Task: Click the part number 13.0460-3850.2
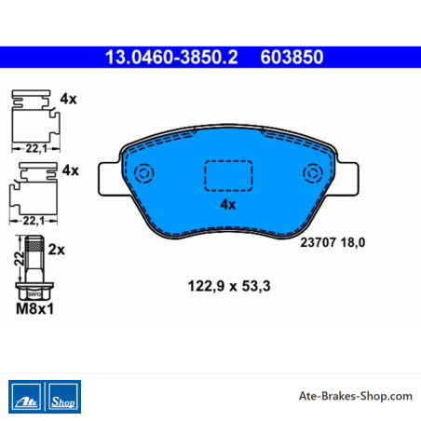(171, 57)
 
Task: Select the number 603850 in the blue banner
(292, 57)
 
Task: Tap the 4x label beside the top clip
(68, 99)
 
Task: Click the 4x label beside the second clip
(71, 170)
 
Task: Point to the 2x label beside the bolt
(57, 250)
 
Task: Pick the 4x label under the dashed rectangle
(228, 204)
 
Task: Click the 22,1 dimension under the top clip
(36, 149)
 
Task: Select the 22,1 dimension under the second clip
(34, 221)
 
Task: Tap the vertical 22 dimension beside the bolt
(20, 259)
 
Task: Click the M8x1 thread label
(34, 308)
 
